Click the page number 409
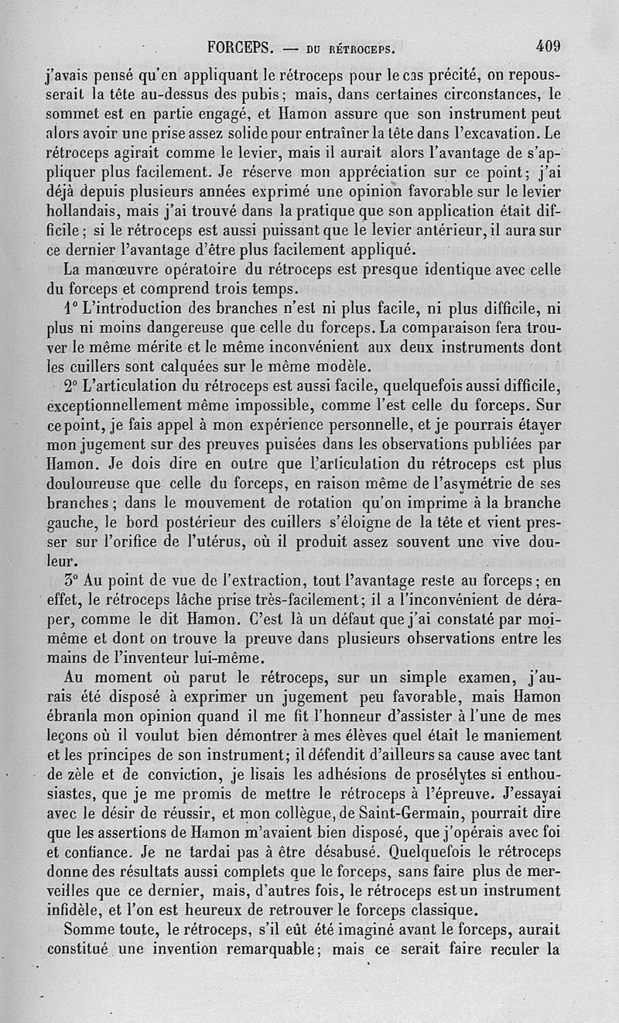tap(547, 46)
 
